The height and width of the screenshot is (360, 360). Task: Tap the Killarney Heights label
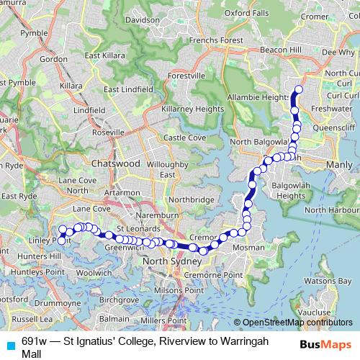[192, 109]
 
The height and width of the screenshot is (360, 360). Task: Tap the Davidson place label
[141, 20]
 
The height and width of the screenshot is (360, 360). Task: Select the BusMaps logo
[326, 343]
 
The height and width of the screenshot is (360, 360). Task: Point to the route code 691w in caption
[35, 340]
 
